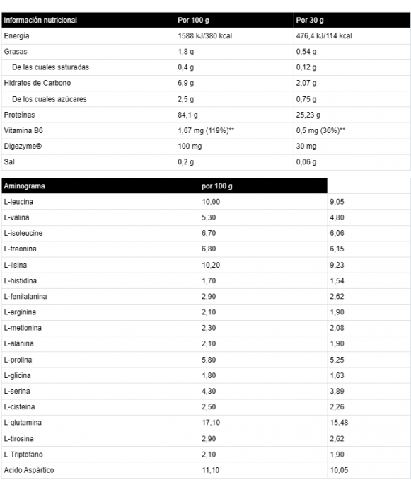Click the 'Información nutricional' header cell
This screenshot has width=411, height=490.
(40, 20)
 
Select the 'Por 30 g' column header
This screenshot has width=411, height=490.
(311, 20)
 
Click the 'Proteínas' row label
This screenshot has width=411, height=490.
(19, 115)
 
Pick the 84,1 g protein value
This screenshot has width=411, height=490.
(187, 115)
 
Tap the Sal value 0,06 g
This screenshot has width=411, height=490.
(306, 161)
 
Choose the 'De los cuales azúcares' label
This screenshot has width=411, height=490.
(50, 98)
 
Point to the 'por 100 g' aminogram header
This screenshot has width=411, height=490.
(217, 186)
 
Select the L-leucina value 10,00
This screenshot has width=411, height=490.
(211, 202)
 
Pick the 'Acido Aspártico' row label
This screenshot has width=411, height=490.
(28, 470)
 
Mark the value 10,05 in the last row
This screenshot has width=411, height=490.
(340, 470)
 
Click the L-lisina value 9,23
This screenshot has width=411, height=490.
(337, 264)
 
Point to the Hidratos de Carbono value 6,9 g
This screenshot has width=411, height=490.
(185, 83)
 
